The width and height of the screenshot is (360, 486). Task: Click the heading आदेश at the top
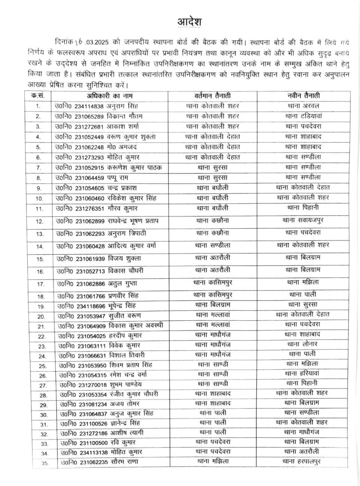(189, 22)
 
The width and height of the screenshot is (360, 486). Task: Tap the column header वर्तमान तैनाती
(213, 96)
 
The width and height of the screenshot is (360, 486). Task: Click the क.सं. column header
(38, 96)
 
